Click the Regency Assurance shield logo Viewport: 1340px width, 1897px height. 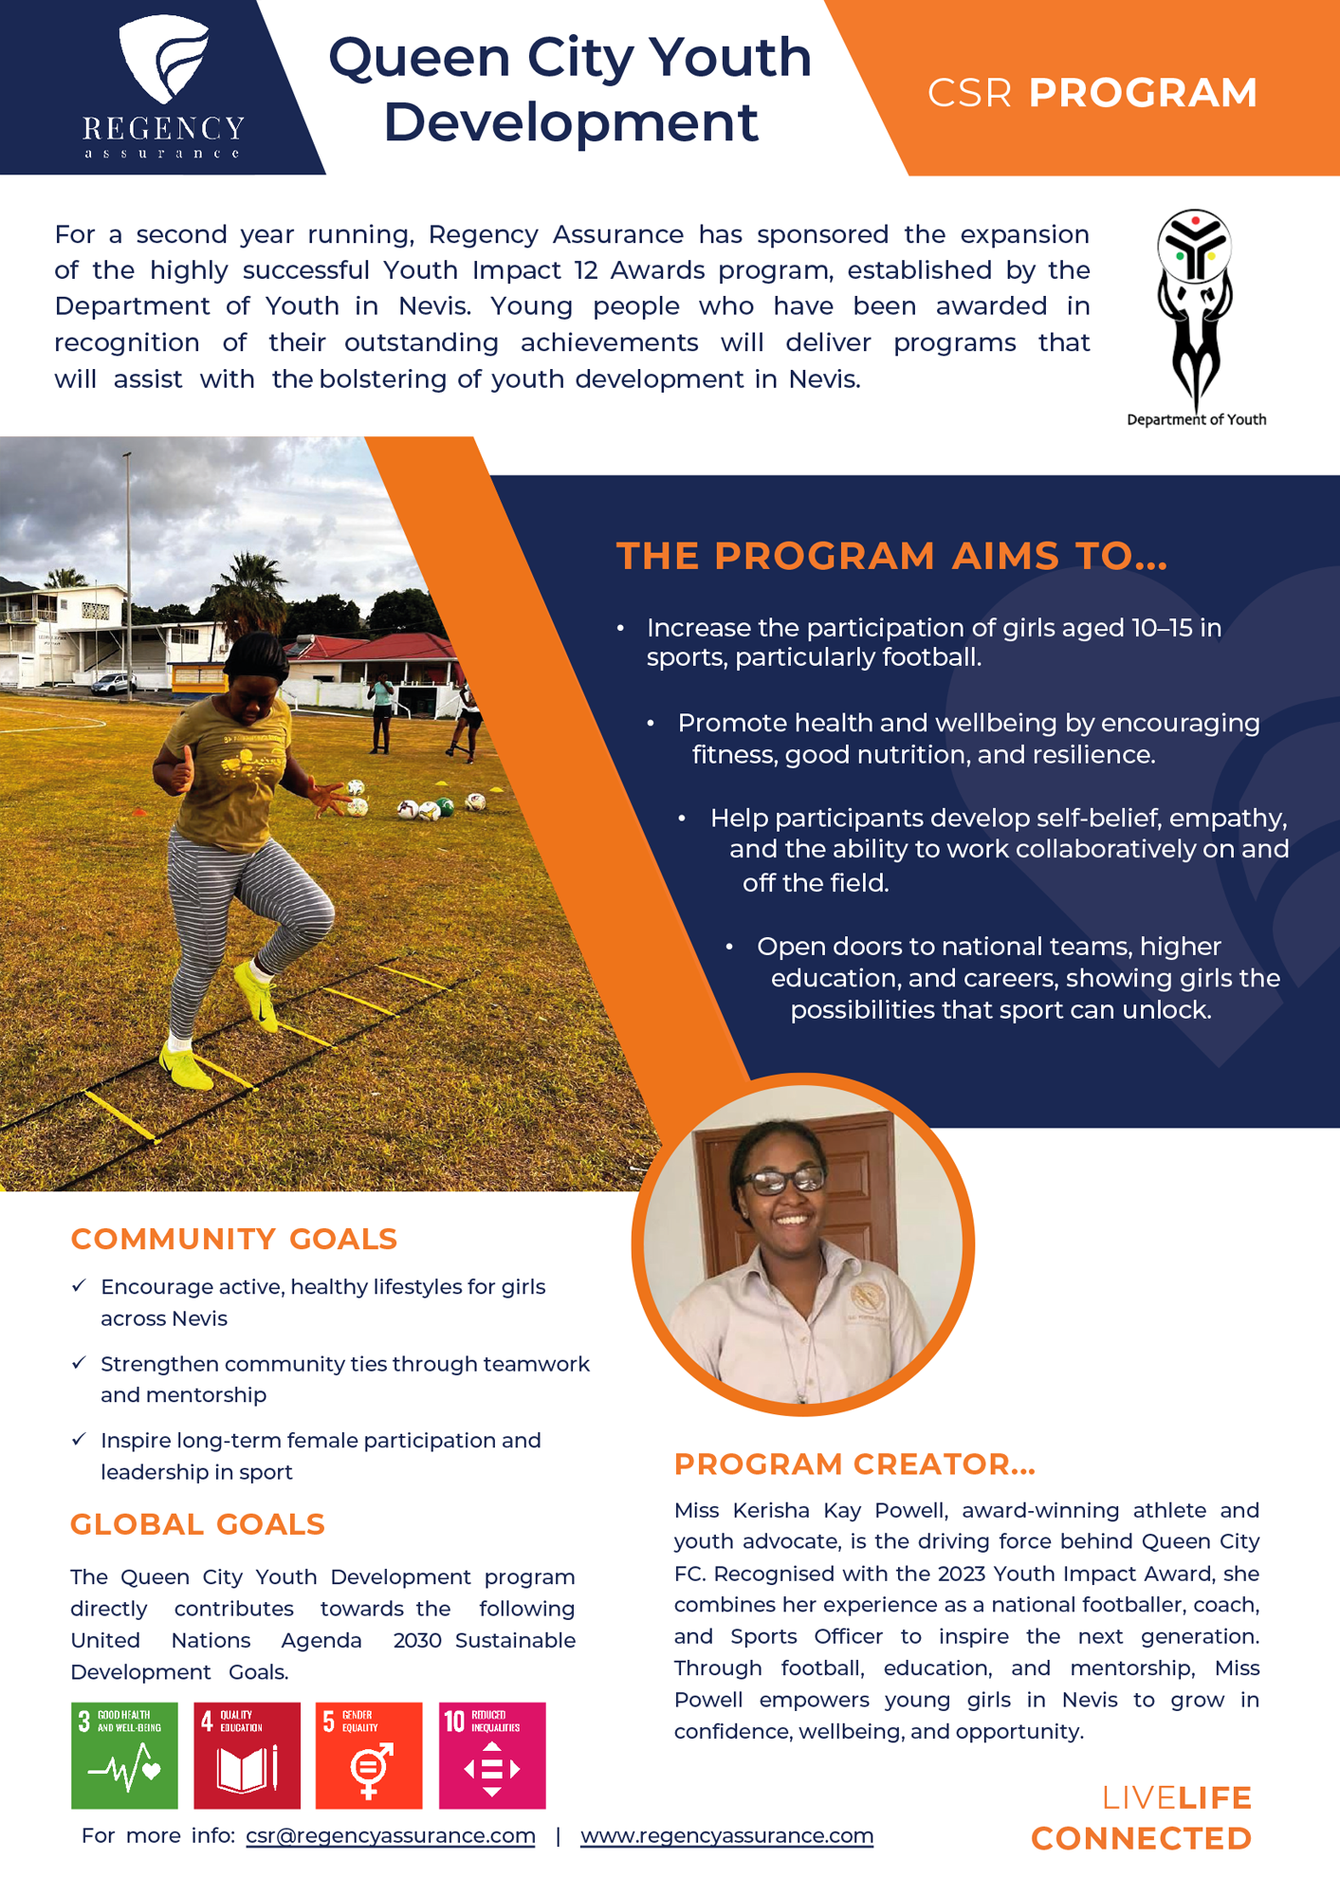[x=163, y=59]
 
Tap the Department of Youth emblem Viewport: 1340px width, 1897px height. [x=1195, y=308]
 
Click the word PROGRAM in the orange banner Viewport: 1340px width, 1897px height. [x=1143, y=93]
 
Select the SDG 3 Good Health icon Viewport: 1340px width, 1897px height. [x=124, y=1755]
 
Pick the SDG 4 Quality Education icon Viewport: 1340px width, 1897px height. [x=247, y=1755]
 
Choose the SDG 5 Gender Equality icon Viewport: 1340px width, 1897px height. [x=369, y=1755]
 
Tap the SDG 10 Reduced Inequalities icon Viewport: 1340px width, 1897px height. [x=491, y=1755]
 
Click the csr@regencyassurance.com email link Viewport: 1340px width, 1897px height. [x=390, y=1835]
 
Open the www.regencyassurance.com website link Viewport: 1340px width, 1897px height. [x=726, y=1835]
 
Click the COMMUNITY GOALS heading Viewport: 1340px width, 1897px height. [x=233, y=1239]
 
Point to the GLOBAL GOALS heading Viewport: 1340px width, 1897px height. [x=197, y=1524]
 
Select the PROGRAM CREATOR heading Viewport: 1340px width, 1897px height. [x=854, y=1464]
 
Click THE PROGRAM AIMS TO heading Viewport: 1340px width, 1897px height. [x=891, y=556]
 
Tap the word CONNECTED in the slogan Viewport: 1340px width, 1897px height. [x=1141, y=1838]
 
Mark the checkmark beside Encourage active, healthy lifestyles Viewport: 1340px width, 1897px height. [x=79, y=1286]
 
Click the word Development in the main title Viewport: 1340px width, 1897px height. [x=570, y=122]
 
